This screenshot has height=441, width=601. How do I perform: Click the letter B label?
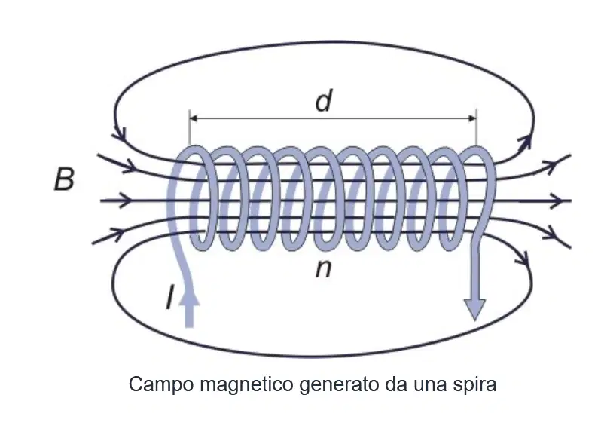click(x=65, y=179)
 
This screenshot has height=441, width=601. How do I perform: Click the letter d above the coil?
click(x=324, y=100)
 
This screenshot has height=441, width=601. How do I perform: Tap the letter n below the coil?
click(x=323, y=269)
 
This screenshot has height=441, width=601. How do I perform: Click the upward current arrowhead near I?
click(x=189, y=297)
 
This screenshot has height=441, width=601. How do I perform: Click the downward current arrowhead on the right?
click(x=475, y=309)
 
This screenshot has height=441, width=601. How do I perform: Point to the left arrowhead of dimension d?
click(x=194, y=118)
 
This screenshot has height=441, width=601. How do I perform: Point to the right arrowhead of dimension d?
click(x=472, y=118)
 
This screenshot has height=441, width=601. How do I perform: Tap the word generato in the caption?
click(x=340, y=385)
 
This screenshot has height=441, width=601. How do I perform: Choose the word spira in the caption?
click(x=474, y=385)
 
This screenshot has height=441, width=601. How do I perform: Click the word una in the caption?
click(x=430, y=385)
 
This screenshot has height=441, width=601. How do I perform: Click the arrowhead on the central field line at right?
click(x=557, y=201)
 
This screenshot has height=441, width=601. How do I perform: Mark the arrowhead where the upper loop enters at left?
click(x=121, y=133)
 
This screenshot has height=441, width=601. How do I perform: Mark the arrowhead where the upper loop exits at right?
click(x=525, y=141)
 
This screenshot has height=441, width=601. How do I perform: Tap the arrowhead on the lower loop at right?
click(x=523, y=259)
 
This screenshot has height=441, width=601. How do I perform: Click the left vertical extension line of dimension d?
click(x=189, y=128)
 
